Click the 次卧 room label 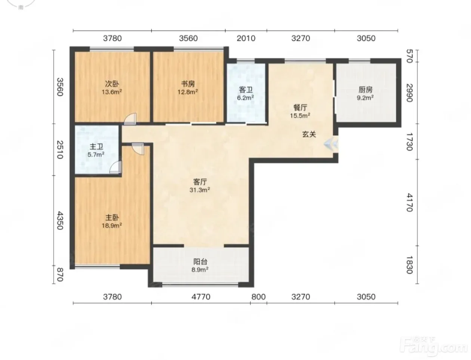[112, 84]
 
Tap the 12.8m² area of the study [188, 92]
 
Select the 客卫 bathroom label [246, 90]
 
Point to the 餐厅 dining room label [300, 107]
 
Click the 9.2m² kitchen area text [365, 98]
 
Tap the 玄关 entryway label [309, 134]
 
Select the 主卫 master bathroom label [96, 147]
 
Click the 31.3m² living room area [200, 190]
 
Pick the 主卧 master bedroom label [112, 218]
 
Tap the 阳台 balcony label [200, 262]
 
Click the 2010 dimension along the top [246, 38]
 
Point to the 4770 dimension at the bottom [201, 297]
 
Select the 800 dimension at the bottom [258, 297]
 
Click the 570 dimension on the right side [409, 56]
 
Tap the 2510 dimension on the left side [60, 150]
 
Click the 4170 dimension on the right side [409, 202]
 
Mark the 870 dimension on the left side [60, 274]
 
